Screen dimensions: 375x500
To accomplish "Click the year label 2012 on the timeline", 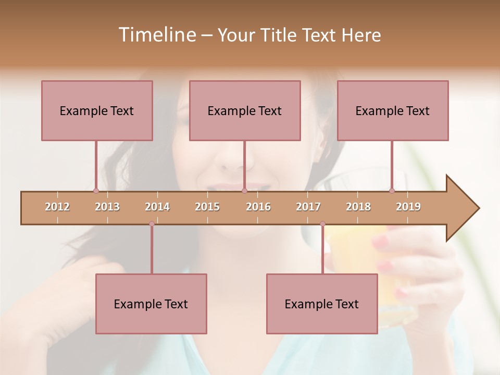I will point(57,207).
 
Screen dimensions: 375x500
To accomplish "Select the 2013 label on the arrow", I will point(107,207).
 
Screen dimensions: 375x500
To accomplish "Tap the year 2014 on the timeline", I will point(157,207).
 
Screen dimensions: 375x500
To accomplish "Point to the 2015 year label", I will point(207,207).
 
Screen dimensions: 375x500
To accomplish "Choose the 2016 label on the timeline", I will point(258,207).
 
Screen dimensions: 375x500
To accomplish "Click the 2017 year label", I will point(308,207).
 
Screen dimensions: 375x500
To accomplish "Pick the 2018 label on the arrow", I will point(358,207).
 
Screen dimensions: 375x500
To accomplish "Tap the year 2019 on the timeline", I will point(408,207).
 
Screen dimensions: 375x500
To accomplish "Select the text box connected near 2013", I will point(97,110).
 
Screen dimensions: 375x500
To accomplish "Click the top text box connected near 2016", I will point(245,110).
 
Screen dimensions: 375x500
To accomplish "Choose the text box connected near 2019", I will point(393,110).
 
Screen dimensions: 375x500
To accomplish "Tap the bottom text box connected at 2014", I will point(151,304).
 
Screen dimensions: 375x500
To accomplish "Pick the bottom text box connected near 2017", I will point(322,304).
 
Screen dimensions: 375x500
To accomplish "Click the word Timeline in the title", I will point(156,35).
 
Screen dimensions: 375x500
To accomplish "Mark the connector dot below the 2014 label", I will point(152,224).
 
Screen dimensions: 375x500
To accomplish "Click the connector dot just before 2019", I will point(392,191).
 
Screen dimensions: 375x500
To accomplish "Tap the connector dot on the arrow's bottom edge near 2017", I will point(322,224).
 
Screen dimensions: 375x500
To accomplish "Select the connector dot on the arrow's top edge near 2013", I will point(96,191).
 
